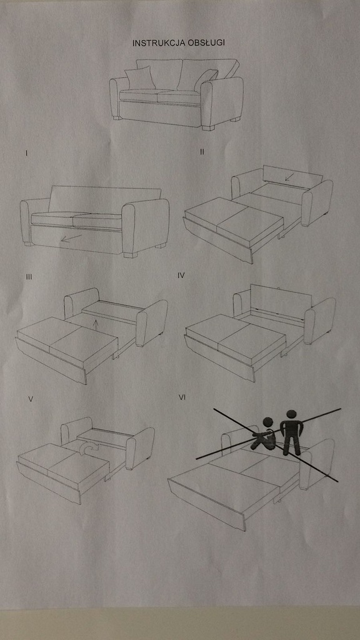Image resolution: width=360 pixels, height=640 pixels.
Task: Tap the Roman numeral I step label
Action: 26,154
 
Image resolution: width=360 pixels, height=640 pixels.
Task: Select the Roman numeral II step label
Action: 202,152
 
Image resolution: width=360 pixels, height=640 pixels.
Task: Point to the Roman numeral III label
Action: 29,277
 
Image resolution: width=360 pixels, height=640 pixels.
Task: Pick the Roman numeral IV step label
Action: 181,276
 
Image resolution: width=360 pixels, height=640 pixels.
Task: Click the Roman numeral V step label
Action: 31,399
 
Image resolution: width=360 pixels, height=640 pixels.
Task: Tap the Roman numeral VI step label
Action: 182,397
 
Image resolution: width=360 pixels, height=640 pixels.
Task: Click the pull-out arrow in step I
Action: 71,237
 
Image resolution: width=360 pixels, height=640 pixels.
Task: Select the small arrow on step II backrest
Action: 289,177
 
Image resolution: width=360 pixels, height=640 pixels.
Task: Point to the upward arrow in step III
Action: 96,325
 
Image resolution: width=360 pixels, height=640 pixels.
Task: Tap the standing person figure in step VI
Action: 291,432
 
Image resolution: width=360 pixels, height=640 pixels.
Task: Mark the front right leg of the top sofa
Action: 208,127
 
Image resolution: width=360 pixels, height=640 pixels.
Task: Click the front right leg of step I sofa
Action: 131,255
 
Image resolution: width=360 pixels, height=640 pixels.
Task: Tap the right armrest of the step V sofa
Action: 140,447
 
